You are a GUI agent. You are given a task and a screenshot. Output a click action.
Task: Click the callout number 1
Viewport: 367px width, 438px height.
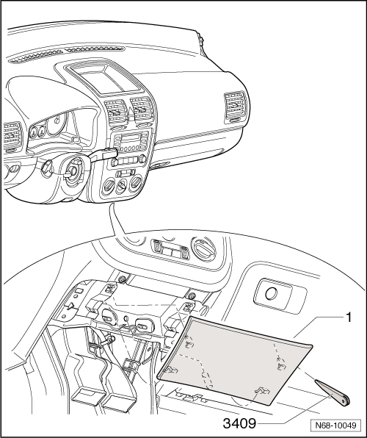coord(349,317)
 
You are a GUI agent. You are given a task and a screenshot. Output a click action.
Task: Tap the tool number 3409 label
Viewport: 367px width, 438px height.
coord(239,423)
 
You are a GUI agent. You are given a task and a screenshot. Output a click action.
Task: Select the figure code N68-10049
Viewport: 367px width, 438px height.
coord(335,426)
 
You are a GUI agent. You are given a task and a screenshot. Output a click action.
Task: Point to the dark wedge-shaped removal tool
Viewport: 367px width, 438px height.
coord(333,392)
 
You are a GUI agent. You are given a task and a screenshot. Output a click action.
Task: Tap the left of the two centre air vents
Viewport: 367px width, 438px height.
coord(116,112)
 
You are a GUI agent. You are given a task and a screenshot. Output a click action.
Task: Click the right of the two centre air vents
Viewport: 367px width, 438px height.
coord(142,109)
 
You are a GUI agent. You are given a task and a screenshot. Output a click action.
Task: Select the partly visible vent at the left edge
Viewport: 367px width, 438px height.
coord(12,136)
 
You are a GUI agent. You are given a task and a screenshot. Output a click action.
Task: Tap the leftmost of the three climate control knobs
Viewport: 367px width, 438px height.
coord(108,187)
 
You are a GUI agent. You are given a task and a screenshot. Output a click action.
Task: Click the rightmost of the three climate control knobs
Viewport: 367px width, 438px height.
coord(136,182)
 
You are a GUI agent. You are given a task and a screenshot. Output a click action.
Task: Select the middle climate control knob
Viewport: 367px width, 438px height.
coord(122,184)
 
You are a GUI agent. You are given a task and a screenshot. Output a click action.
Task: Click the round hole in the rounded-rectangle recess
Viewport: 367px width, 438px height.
coord(272,293)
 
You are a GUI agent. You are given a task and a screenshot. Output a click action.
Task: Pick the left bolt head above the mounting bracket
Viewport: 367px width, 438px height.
coord(121,279)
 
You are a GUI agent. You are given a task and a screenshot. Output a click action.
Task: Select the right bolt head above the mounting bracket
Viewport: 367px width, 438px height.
coord(192,295)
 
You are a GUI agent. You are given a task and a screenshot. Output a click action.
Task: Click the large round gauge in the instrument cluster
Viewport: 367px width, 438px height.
coord(57,123)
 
